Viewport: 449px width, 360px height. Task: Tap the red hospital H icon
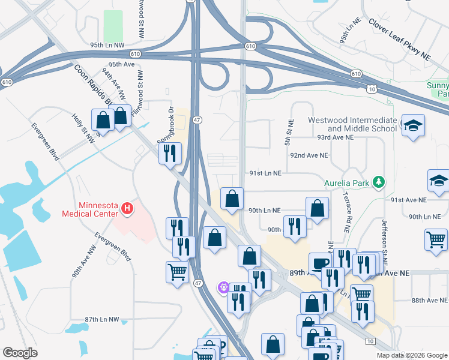[x=127, y=209]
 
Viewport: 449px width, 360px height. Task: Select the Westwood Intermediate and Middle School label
[x=352, y=124]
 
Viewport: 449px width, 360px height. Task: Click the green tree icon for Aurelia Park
[x=378, y=181]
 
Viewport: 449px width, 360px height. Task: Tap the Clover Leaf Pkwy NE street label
[x=400, y=40]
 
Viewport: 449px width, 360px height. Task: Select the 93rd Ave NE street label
[x=336, y=137]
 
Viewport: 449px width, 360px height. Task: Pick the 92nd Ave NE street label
[x=309, y=155]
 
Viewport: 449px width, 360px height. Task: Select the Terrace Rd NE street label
[x=348, y=212]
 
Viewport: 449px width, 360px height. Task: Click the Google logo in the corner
[x=20, y=353]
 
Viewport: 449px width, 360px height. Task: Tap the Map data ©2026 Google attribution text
[x=412, y=355]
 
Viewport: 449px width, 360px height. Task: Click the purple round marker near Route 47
[x=224, y=288]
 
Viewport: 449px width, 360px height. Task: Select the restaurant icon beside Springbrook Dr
[x=170, y=153]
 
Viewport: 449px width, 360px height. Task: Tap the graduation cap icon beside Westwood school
[x=412, y=125]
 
